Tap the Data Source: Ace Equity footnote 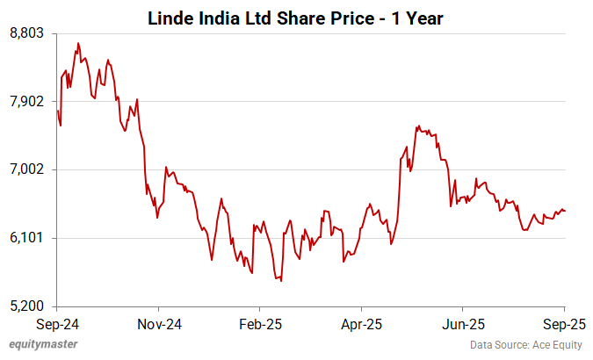[529, 345]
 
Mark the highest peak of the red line [78, 42]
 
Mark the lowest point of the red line [281, 281]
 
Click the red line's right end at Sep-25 [565, 211]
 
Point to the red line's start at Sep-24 [57, 111]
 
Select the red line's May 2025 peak [419, 126]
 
